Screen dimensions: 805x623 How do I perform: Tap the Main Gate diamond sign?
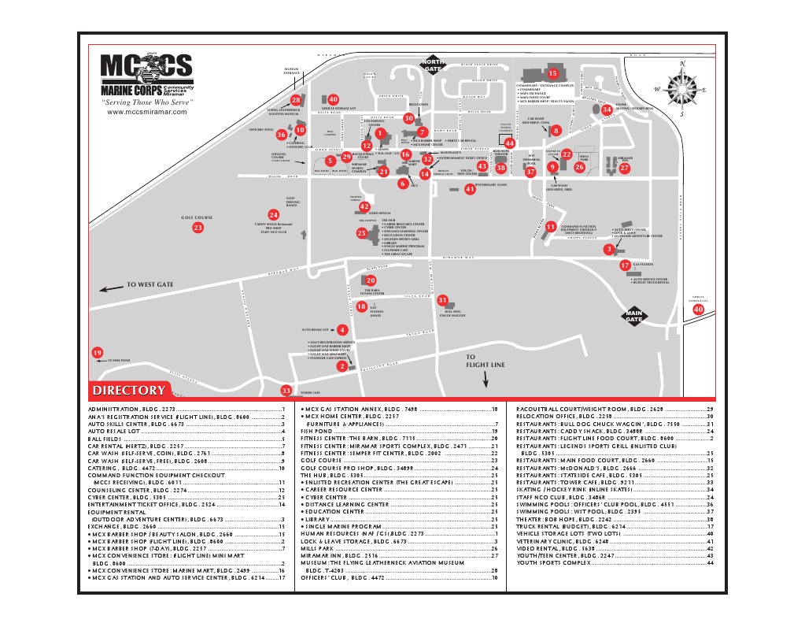(x=634, y=317)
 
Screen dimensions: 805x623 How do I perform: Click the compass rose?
(x=681, y=87)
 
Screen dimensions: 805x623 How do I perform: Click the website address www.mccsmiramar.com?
(x=147, y=112)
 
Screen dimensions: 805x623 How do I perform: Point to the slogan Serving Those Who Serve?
(x=147, y=103)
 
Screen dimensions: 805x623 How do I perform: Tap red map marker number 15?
(x=552, y=73)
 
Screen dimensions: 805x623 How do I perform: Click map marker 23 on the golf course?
(x=198, y=228)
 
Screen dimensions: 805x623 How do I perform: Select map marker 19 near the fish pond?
(x=98, y=353)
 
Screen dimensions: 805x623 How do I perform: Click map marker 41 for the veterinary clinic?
(x=470, y=189)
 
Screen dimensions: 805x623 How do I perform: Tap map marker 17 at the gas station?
(x=625, y=265)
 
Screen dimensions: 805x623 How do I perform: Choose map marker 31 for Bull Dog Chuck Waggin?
(x=443, y=300)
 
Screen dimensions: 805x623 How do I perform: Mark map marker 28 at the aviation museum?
(x=296, y=100)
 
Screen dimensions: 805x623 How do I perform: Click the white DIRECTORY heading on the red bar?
(x=129, y=391)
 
